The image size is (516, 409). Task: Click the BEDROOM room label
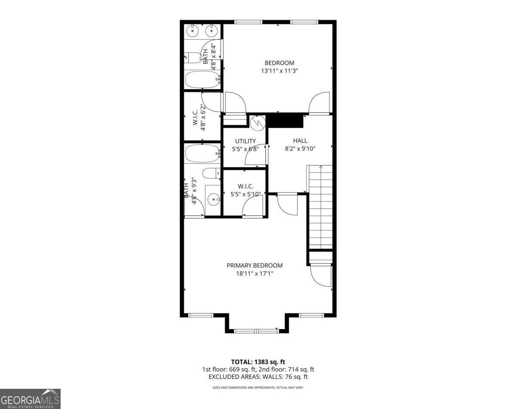pyautogui.click(x=279, y=63)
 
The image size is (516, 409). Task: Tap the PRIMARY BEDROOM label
pyautogui.click(x=255, y=265)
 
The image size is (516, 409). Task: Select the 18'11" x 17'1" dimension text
pyautogui.click(x=255, y=274)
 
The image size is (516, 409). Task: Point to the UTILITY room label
pyautogui.click(x=245, y=141)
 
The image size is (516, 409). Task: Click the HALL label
pyautogui.click(x=300, y=141)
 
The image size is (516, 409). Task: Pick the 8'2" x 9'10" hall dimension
pyautogui.click(x=300, y=149)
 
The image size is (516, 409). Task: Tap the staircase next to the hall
pyautogui.click(x=320, y=206)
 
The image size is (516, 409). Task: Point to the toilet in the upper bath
pyautogui.click(x=193, y=57)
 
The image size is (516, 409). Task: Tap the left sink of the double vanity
pyautogui.click(x=193, y=31)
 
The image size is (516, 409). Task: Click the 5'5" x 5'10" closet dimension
pyautogui.click(x=246, y=194)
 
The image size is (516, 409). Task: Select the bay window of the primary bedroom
pyautogui.click(x=256, y=330)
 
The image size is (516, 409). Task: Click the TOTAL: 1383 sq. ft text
pyautogui.click(x=258, y=362)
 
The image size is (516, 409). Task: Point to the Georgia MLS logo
pyautogui.click(x=30, y=399)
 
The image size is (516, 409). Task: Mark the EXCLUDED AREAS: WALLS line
pyautogui.click(x=258, y=377)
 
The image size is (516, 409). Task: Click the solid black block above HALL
pyautogui.click(x=285, y=120)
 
